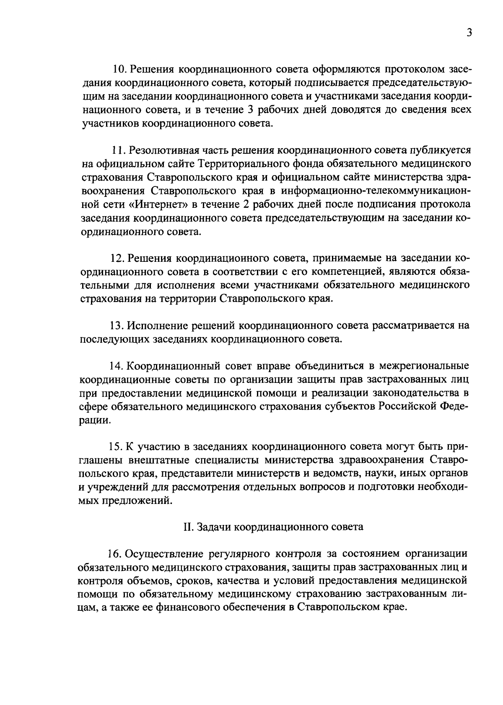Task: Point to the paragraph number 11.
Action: [119, 150]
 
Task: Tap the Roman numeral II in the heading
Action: [187, 527]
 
